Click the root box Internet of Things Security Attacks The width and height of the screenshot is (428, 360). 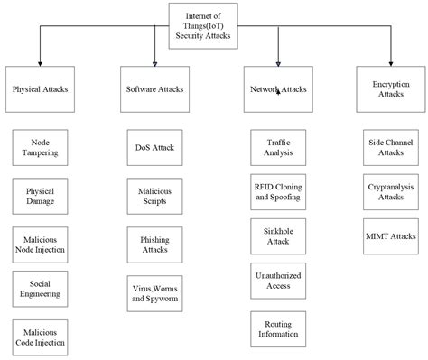[x=208, y=25]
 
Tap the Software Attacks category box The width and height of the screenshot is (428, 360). [x=154, y=89]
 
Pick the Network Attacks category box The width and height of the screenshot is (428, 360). [x=278, y=89]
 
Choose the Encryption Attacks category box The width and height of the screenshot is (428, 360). [x=391, y=88]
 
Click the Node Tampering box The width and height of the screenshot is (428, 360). [x=41, y=147]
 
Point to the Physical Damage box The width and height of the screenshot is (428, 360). [x=41, y=196]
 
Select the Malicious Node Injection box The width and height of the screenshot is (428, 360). [x=41, y=243]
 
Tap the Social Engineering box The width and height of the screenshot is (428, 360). [x=41, y=288]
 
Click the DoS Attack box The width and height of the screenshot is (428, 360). [x=155, y=147]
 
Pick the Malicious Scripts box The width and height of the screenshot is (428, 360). [x=155, y=196]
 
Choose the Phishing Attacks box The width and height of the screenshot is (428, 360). [x=155, y=244]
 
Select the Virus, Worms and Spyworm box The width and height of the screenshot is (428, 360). [x=155, y=291]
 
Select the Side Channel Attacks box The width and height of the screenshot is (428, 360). [x=391, y=147]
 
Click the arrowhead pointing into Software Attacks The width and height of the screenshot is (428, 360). [x=154, y=63]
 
